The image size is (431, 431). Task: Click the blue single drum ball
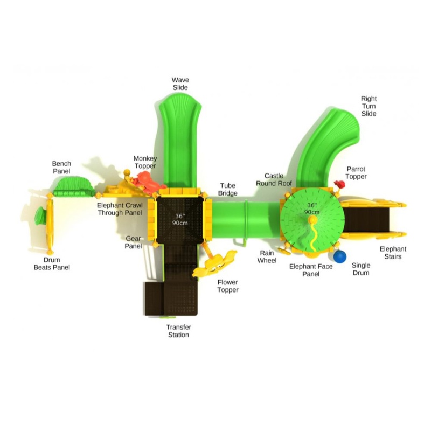(x=340, y=256)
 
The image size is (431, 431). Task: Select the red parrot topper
(x=340, y=184)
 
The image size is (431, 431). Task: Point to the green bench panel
(x=74, y=187)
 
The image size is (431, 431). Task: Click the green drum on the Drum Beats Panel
(x=40, y=216)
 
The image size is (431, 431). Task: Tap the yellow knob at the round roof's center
(x=312, y=220)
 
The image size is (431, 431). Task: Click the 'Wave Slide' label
(x=180, y=84)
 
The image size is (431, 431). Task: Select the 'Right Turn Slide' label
(x=369, y=106)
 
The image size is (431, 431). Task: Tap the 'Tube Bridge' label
(x=227, y=190)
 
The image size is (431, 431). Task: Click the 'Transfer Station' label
(x=178, y=331)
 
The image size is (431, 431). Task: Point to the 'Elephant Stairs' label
(x=393, y=253)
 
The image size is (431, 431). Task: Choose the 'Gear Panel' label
(x=133, y=242)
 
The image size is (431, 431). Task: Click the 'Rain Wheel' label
(x=267, y=257)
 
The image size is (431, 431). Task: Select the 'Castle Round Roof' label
(x=274, y=179)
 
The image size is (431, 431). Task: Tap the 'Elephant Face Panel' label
(x=311, y=270)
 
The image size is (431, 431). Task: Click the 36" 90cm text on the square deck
(x=180, y=219)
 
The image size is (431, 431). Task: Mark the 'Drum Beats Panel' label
(x=52, y=263)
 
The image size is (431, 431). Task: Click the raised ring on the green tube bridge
(x=246, y=219)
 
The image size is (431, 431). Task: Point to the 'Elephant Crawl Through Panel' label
(x=120, y=209)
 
